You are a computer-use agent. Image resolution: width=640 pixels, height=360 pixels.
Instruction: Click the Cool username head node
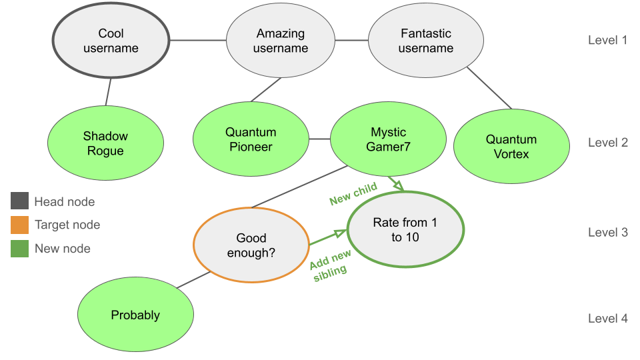click(x=111, y=41)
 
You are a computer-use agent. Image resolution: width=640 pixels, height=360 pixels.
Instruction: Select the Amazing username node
click(x=281, y=41)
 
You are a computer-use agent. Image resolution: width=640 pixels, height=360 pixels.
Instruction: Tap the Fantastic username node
click(x=426, y=41)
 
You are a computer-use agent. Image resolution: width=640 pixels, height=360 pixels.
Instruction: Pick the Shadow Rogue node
click(x=105, y=143)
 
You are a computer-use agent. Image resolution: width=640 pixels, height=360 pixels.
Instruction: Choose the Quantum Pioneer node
click(x=251, y=140)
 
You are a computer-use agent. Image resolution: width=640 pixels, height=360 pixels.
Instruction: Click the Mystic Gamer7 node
click(x=388, y=140)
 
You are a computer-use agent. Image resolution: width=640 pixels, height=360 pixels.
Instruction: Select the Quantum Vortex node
click(x=511, y=147)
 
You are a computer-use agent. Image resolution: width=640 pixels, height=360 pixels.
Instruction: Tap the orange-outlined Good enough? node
click(x=251, y=245)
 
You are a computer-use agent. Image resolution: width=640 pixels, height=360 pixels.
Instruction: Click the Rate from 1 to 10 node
click(x=405, y=229)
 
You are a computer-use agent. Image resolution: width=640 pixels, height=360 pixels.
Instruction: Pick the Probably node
click(x=135, y=315)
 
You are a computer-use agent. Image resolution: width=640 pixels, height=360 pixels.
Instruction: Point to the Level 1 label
click(x=607, y=40)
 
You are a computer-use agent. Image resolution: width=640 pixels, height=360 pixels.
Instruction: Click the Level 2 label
click(x=607, y=143)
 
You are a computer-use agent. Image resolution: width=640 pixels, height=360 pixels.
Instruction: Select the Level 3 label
click(x=607, y=233)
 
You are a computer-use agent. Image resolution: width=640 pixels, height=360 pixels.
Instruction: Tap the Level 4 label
click(x=607, y=319)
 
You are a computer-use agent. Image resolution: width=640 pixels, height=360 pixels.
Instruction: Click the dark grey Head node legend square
click(x=19, y=201)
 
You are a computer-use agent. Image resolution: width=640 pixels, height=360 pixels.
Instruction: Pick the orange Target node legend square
click(x=19, y=225)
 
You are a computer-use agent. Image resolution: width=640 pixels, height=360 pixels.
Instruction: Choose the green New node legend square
click(x=19, y=249)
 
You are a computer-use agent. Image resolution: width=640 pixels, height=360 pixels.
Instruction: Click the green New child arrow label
click(x=353, y=194)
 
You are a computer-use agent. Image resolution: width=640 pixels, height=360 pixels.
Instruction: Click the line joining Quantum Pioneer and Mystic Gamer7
click(x=319, y=139)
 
